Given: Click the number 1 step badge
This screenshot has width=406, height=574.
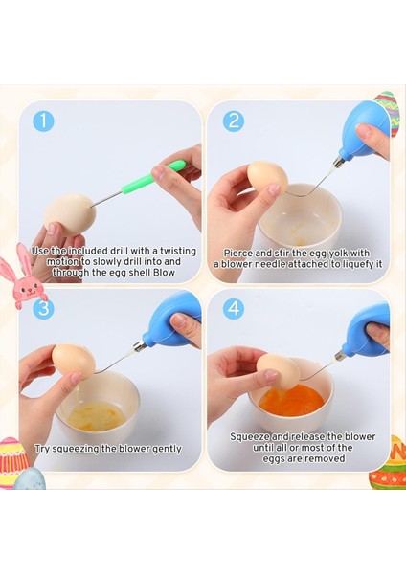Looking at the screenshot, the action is point(43,121).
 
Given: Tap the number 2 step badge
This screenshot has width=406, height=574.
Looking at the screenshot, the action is point(234,121).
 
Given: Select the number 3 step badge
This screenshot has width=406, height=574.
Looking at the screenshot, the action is point(43,309).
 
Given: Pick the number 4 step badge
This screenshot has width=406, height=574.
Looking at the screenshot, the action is point(234,309).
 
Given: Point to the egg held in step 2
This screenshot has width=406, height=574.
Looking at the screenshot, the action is point(268,179).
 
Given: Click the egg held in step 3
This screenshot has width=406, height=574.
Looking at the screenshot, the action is point(74,362).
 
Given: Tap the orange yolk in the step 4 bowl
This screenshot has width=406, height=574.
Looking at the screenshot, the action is point(291,399).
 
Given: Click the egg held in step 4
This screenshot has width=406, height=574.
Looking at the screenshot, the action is point(279,372).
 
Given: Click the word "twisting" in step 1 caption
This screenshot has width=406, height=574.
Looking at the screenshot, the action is point(173,251).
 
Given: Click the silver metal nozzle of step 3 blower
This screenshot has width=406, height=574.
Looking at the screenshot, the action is point(139,344).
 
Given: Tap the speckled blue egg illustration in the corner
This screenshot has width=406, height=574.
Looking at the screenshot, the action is point(30,479).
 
